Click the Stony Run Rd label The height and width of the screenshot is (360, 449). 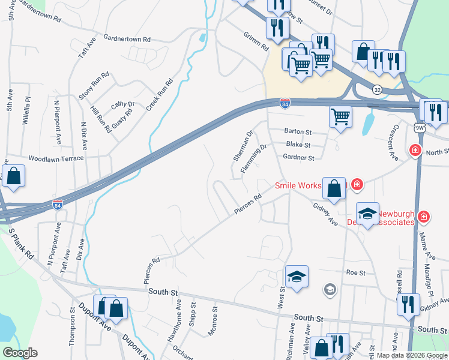point(94,86)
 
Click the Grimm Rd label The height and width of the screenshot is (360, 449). point(255,41)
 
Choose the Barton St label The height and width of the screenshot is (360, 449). point(298,131)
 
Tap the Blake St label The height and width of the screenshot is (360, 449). point(298,145)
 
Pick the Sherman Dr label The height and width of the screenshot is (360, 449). point(243,146)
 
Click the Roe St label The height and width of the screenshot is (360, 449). point(355,272)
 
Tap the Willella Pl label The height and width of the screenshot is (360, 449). point(26,110)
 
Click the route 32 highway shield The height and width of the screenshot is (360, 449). point(377,89)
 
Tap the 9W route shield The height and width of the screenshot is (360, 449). point(419,127)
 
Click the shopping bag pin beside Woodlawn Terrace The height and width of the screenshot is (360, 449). point(13,177)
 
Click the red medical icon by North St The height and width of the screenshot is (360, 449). point(414,150)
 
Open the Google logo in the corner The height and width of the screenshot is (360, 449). point(20,353)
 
